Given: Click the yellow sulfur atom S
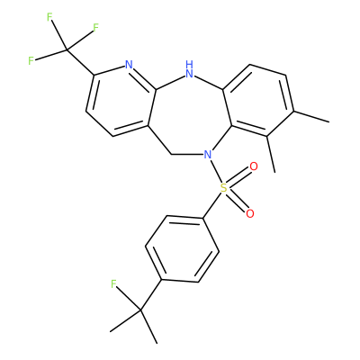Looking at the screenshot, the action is [x=223, y=188].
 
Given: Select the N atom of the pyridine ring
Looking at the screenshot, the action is [x=129, y=64].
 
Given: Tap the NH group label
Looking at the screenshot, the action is [x=189, y=69].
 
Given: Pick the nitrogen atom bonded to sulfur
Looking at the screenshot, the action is [x=207, y=155].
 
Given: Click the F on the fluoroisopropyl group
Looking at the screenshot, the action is [x=113, y=283].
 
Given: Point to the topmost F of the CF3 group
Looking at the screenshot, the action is [x=49, y=17].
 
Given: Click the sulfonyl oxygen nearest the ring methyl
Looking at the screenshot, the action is [x=254, y=166].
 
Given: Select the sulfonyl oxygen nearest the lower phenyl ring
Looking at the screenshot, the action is [x=249, y=213].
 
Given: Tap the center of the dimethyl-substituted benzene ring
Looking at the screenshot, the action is [x=257, y=101].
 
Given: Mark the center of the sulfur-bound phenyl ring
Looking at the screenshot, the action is [x=182, y=248].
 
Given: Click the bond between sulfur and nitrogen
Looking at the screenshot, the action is [x=215, y=171].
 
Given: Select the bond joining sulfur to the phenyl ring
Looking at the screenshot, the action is [x=214, y=203].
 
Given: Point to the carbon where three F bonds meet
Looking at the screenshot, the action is [x=67, y=49].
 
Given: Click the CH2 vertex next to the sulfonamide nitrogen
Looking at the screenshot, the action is [x=171, y=155].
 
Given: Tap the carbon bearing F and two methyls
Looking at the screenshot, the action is [x=140, y=310].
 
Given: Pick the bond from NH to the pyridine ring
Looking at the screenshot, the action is [x=169, y=83].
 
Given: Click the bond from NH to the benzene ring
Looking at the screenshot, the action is [x=209, y=83].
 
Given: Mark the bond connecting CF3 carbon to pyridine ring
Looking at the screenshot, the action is [x=80, y=62].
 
